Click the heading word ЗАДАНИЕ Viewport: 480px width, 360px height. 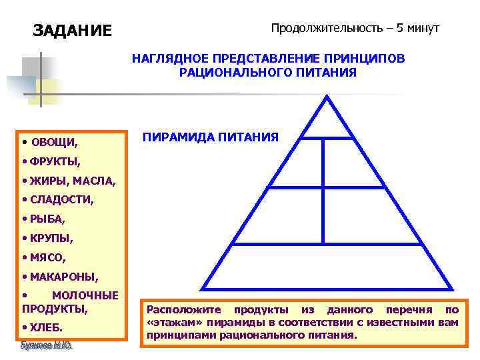click(73, 31)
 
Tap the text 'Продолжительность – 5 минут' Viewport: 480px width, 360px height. click(355, 29)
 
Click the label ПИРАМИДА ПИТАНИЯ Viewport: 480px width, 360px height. click(210, 137)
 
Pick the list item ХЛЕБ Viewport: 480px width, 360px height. click(46, 327)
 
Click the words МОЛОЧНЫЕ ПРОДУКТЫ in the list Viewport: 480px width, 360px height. click(70, 302)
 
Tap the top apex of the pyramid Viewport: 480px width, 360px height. click(326, 97)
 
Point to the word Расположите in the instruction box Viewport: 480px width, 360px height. click(179, 310)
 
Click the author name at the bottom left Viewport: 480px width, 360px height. click(47, 346)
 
